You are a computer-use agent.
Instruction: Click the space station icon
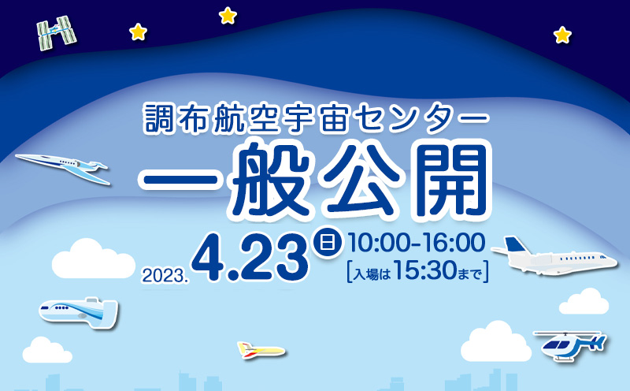(x=57, y=33)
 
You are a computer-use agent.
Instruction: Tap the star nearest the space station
(x=139, y=32)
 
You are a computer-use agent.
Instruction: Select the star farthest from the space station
(x=562, y=35)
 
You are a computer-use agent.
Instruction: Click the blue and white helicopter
(x=569, y=344)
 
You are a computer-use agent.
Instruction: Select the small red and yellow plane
(x=261, y=350)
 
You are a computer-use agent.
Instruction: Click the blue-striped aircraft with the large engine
(x=78, y=312)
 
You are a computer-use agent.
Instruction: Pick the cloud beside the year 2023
(x=93, y=259)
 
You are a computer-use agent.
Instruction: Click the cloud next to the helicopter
(x=496, y=342)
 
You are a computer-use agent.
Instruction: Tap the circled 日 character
(x=328, y=243)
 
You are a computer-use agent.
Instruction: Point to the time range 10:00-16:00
(x=417, y=243)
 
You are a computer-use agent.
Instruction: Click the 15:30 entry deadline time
(x=425, y=271)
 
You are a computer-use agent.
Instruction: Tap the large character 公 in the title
(x=361, y=180)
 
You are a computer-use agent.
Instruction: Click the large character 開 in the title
(x=448, y=180)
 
